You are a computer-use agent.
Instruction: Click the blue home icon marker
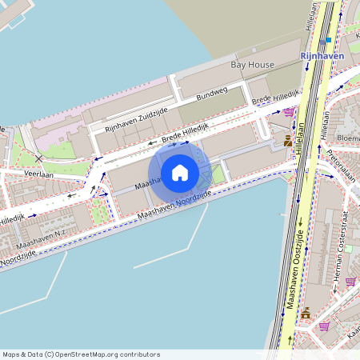180,173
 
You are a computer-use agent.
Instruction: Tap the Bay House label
252,65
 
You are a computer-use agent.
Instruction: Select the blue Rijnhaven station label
321,56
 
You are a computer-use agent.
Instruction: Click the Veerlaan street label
39,173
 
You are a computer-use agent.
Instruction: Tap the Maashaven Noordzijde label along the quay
174,206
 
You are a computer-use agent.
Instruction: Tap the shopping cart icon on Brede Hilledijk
288,112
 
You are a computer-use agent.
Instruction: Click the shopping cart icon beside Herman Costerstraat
350,282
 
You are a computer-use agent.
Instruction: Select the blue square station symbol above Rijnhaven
328,39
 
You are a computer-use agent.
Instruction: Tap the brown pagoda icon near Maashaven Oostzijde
305,313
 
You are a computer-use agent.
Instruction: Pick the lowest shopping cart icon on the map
323,326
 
